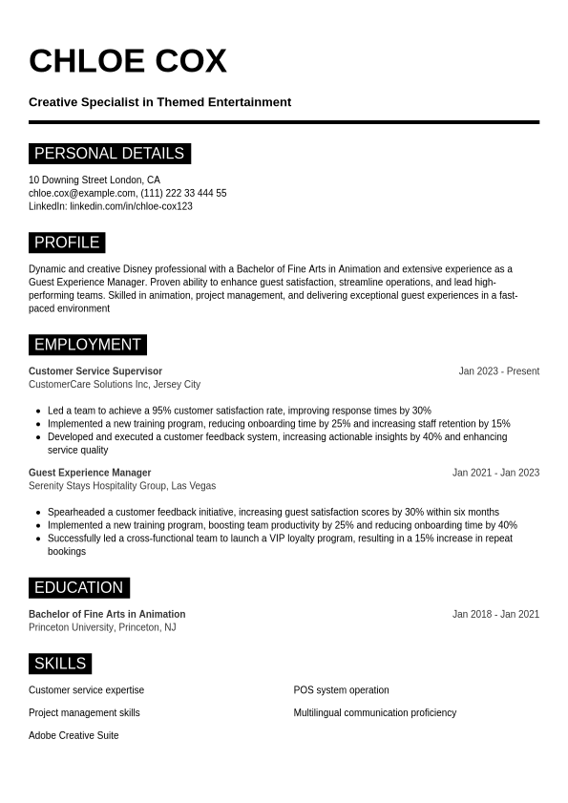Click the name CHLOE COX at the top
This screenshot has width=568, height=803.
point(127,61)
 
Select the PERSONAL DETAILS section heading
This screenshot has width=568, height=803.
point(109,154)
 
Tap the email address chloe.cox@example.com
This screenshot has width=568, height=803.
point(82,193)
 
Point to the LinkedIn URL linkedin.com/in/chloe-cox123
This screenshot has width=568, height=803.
point(131,206)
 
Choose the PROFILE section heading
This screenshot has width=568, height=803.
point(67,243)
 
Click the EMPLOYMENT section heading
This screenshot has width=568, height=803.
point(87,345)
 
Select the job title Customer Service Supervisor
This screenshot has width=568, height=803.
point(95,371)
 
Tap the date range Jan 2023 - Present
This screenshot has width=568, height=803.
point(498,371)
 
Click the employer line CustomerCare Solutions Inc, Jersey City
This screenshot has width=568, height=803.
point(115,385)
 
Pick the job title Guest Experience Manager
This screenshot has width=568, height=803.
point(90,473)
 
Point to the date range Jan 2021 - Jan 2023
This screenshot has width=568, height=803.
point(495,473)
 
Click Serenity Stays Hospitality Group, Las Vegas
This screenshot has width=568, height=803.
point(122,486)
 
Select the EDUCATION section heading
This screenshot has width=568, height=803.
point(78,588)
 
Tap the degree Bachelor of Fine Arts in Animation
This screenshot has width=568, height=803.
point(107,615)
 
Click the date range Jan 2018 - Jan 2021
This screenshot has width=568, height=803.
point(495,615)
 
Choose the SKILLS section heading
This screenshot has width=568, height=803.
point(60,664)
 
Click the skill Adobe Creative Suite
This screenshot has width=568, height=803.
point(74,736)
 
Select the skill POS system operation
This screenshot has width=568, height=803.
point(341,690)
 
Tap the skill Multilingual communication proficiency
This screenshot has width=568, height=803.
point(374,713)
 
